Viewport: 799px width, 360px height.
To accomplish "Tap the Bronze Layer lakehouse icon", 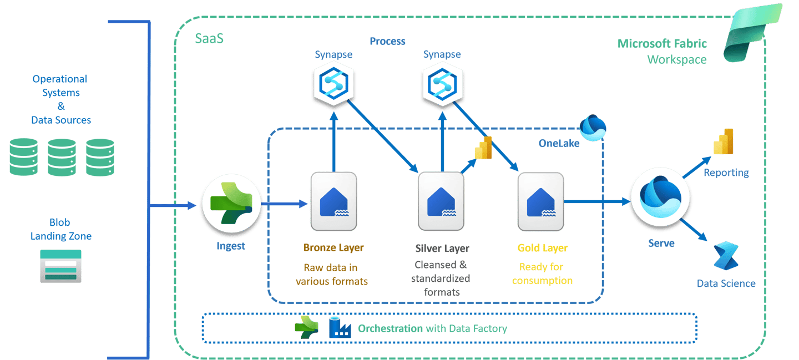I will tap(333, 201).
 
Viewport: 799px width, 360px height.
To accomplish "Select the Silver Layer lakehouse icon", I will tap(441, 201).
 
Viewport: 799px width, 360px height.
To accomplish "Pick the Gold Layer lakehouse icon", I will tap(540, 201).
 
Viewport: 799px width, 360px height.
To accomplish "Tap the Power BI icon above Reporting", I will tap(723, 142).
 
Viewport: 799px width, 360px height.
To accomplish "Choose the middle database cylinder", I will tap(62, 158).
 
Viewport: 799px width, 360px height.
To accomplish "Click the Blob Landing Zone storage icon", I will tap(60, 266).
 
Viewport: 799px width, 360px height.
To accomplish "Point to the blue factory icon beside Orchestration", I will tap(340, 327).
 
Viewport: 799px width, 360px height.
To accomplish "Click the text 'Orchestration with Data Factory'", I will tap(432, 328).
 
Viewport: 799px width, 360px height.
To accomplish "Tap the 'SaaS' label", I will tap(209, 39).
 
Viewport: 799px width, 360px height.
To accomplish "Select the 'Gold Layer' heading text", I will tap(543, 248).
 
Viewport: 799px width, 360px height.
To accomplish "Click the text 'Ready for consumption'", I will tap(542, 274).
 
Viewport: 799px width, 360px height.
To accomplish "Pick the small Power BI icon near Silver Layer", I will tap(483, 148).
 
